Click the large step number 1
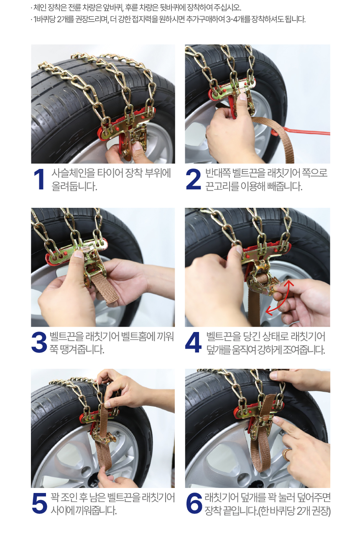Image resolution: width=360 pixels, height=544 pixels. pyautogui.click(x=39, y=179)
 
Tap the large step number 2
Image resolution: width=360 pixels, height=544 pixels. pyautogui.click(x=193, y=179)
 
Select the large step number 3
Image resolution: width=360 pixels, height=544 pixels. pyautogui.click(x=39, y=342)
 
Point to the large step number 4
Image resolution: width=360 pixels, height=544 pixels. pyautogui.click(x=193, y=342)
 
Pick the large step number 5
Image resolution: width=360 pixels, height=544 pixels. pyautogui.click(x=39, y=503)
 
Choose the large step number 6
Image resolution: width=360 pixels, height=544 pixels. pyautogui.click(x=194, y=503)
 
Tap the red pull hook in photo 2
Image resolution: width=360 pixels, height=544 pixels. pyautogui.click(x=300, y=132)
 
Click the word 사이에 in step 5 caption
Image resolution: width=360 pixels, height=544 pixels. pyautogui.click(x=62, y=511)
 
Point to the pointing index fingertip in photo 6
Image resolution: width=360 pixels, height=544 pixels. pyautogui.click(x=276, y=419)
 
